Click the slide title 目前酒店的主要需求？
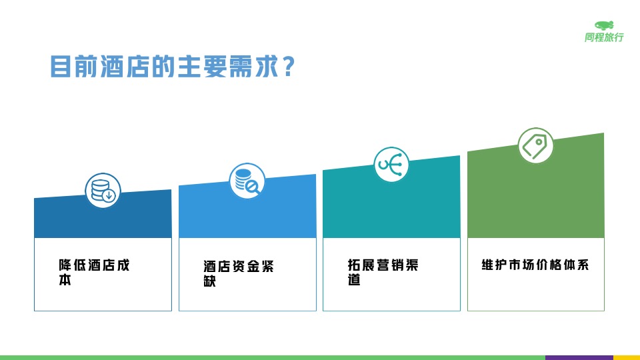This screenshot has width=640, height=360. (172, 67)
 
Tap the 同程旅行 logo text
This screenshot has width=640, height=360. (604, 38)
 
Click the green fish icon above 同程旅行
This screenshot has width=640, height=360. (605, 25)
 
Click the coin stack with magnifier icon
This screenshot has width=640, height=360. (247, 181)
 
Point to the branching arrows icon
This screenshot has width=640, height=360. (391, 164)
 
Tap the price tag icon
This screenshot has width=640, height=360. (535, 145)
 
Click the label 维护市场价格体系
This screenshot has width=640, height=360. (535, 265)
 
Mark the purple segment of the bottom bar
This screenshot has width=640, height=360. (579, 357)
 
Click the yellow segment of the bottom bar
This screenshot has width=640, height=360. (626, 357)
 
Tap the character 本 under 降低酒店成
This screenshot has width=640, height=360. (65, 281)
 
